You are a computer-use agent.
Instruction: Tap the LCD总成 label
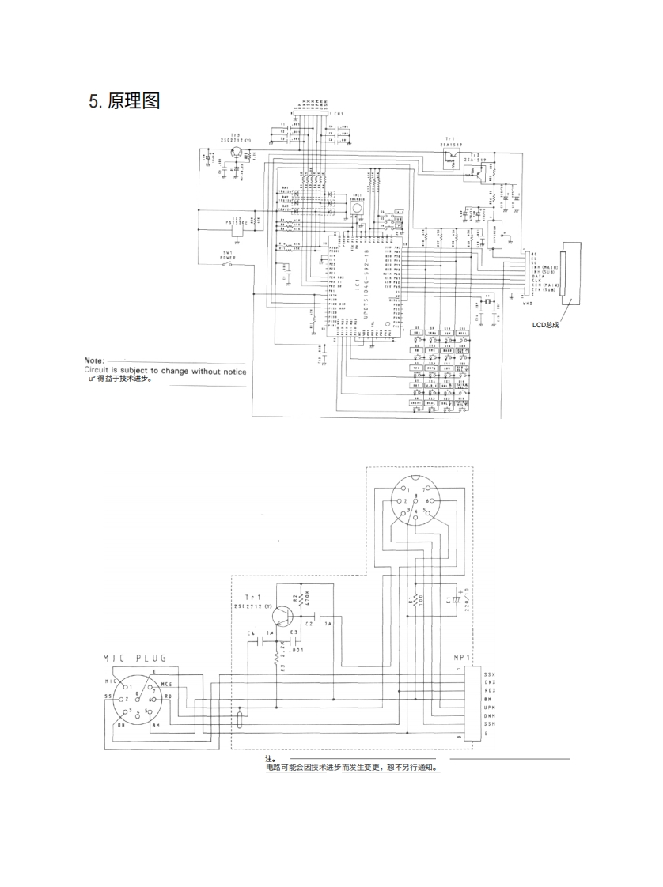point(546,323)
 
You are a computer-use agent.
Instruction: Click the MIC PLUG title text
point(135,658)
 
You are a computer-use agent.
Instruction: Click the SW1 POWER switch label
point(227,255)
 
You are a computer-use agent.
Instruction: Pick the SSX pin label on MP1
point(490,674)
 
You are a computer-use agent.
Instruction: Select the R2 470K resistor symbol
point(301,598)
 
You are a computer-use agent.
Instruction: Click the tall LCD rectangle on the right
point(566,274)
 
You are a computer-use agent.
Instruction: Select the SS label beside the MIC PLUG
point(107,696)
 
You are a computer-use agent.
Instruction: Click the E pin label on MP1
point(486,733)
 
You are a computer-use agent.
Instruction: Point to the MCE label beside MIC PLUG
point(167,684)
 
